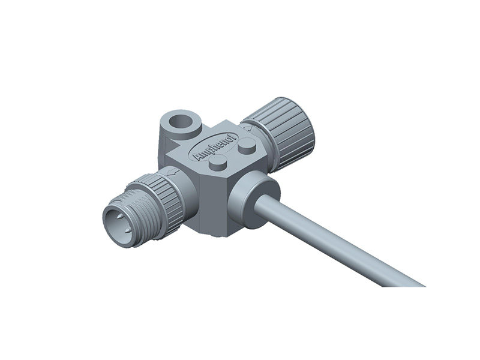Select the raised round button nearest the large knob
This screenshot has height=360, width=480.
coord(246,145)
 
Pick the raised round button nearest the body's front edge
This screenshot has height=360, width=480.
coord(218,163)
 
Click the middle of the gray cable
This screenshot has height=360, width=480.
coord(336,240)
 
